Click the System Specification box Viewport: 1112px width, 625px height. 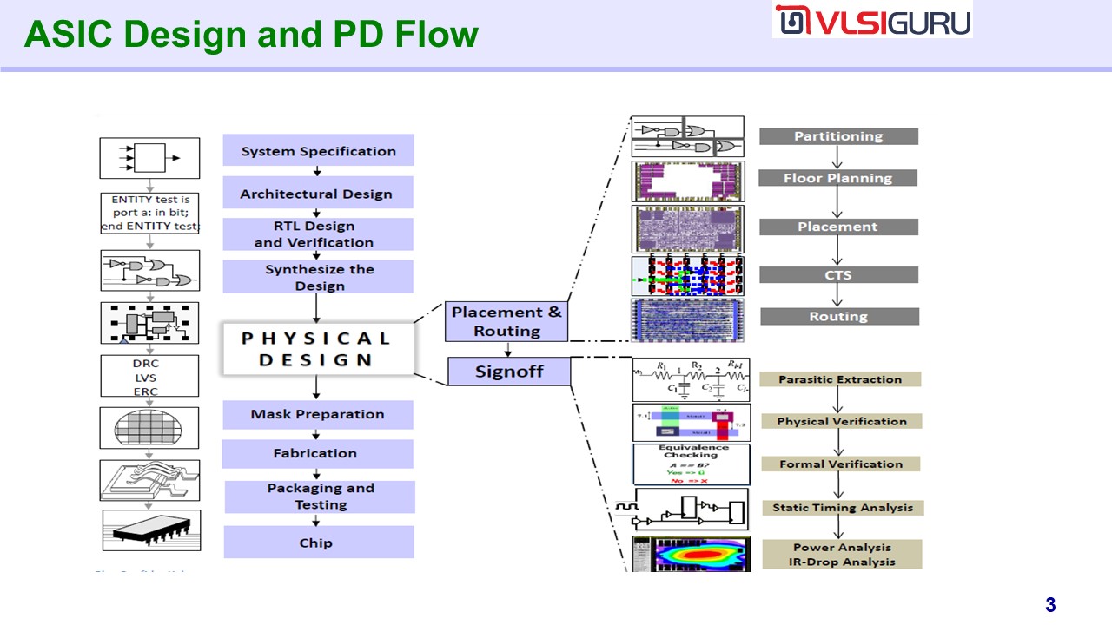coord(318,151)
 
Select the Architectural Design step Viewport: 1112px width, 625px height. coord(317,194)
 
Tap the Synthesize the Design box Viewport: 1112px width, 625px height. coord(318,277)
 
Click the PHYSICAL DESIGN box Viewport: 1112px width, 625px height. coord(316,349)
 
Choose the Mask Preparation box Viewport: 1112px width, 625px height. coord(317,414)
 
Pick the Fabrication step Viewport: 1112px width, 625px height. coord(316,453)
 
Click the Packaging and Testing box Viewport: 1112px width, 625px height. coord(320,497)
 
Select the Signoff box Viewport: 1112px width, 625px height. coord(509,372)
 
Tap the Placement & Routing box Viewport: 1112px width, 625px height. coord(506,321)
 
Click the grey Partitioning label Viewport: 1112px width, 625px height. coord(838,136)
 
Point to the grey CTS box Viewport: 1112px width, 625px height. coord(838,275)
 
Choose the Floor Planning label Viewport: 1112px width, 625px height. coord(838,178)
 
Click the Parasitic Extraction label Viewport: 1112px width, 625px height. coord(839,379)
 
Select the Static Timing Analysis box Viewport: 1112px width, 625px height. coord(843,508)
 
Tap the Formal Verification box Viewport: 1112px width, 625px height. coord(840,464)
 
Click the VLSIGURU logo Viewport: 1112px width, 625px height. coord(871,21)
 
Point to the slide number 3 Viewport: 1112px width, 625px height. coord(1050,605)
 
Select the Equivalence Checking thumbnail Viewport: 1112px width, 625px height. coord(691,464)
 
